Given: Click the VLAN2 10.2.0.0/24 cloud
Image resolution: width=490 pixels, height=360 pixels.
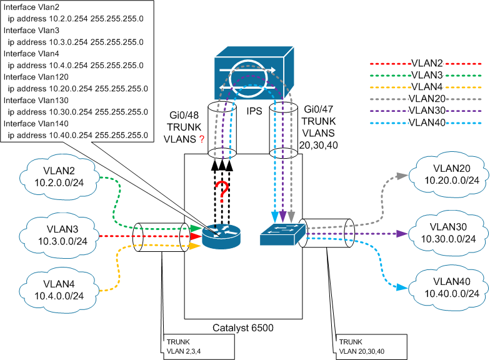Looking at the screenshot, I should coord(59,179).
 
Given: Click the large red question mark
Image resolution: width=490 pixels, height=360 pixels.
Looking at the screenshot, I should coord(220,190).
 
